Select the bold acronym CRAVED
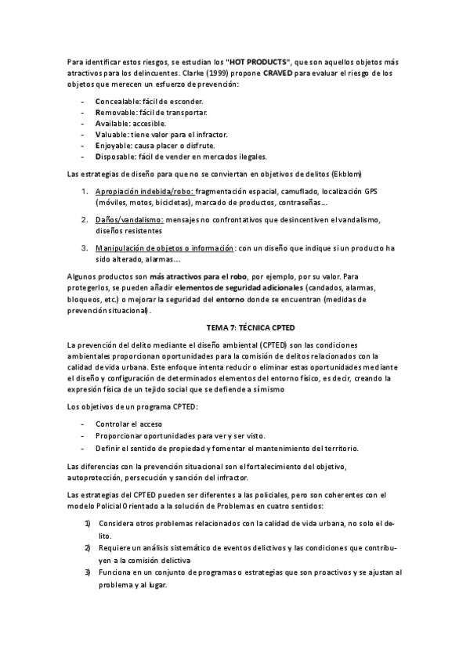pyautogui.click(x=281, y=72)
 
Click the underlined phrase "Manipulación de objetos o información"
pyautogui.click(x=164, y=248)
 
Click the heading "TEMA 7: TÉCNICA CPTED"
pyautogui.click(x=235, y=327)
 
